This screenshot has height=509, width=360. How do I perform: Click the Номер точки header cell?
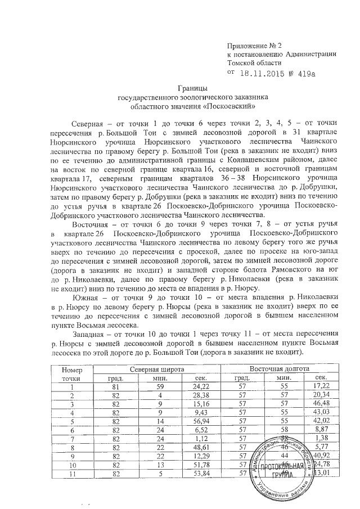point(71,372)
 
